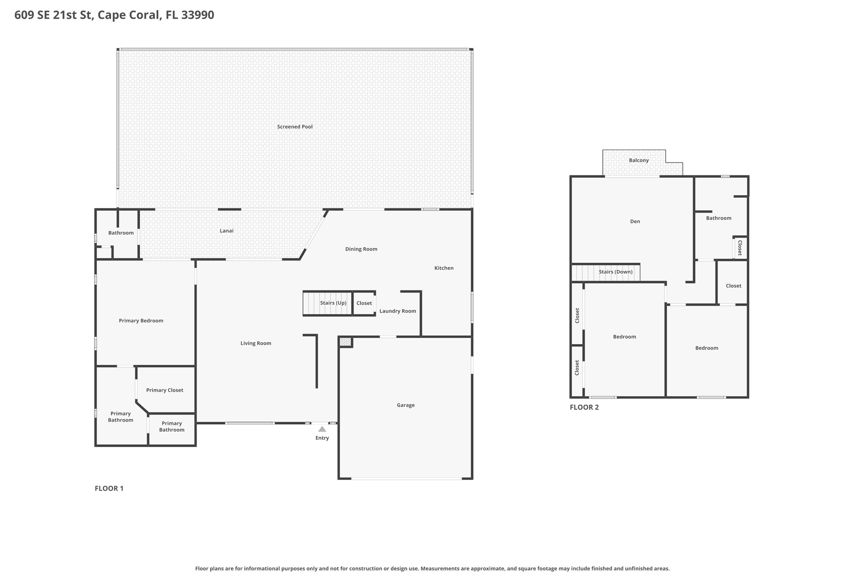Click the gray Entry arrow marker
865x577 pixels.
(x=322, y=429)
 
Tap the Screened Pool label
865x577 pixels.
(x=295, y=127)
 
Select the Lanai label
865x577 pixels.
(x=227, y=231)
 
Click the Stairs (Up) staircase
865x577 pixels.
(x=328, y=303)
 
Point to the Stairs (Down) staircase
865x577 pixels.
(x=606, y=272)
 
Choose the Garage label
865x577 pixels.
(x=406, y=405)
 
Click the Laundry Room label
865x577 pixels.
(x=398, y=311)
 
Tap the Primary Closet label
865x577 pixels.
(x=165, y=390)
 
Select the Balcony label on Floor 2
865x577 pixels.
(x=639, y=161)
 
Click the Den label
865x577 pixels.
(x=635, y=222)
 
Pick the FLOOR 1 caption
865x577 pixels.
(x=109, y=489)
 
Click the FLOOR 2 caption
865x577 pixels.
(x=584, y=407)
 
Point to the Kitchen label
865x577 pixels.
(x=444, y=268)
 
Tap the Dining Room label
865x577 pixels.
(x=361, y=249)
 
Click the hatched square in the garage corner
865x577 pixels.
(x=345, y=342)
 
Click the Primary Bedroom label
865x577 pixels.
(x=141, y=321)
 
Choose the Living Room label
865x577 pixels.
(x=256, y=343)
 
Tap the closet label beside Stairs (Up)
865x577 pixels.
(x=364, y=303)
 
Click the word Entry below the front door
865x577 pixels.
(x=322, y=438)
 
